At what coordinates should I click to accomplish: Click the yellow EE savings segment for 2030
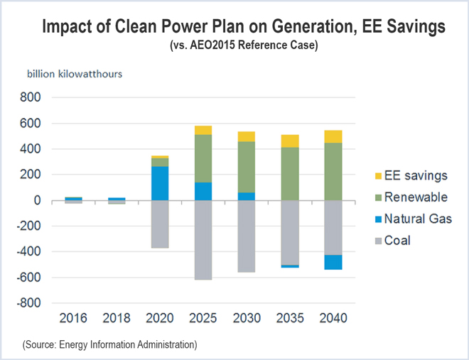pyautogui.click(x=247, y=136)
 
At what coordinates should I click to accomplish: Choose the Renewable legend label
pyautogui.click(x=416, y=197)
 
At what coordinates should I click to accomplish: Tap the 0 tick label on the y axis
pyautogui.click(x=43, y=201)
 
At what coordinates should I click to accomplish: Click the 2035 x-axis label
pyautogui.click(x=289, y=318)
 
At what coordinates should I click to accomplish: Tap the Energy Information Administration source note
pyautogui.click(x=109, y=344)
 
